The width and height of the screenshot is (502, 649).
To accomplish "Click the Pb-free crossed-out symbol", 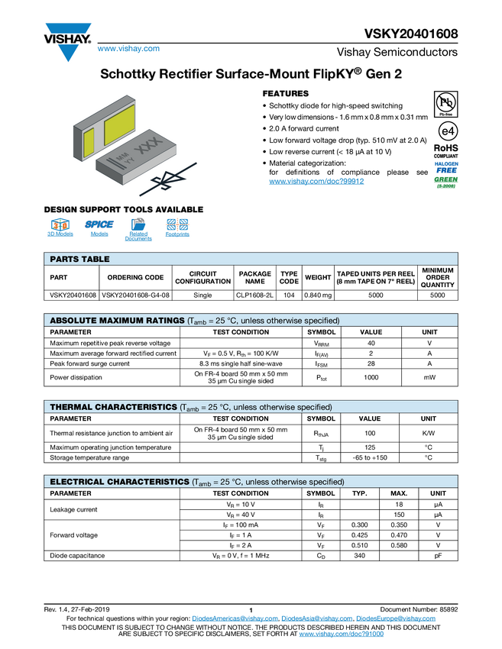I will point(446,102).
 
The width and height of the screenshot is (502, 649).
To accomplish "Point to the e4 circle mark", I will point(446,131).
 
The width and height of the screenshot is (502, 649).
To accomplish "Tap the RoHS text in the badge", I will point(446,148).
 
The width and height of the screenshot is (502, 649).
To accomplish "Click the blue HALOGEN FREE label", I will point(446,166).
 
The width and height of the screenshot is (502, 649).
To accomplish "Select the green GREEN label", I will point(447,180).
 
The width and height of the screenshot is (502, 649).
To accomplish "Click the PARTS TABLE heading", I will point(79,260).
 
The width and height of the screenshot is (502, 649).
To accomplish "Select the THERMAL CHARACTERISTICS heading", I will point(113,408).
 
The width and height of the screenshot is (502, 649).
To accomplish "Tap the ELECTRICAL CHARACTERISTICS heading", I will point(119,483).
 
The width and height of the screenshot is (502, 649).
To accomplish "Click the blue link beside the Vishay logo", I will point(128,49).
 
